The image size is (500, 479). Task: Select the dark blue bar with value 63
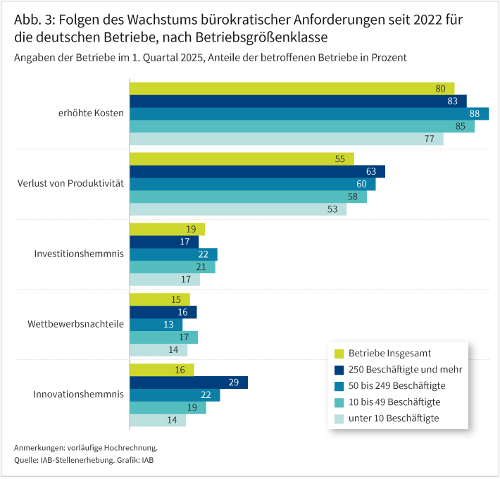[257, 171]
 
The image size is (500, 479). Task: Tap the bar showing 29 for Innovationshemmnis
[189, 382]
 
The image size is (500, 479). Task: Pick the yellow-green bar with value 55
[242, 158]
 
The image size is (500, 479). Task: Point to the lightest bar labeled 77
[286, 139]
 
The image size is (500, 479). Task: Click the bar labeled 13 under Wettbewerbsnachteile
[156, 325]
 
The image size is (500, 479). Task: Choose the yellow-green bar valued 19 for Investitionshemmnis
[167, 229]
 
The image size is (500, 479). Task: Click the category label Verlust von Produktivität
[70, 184]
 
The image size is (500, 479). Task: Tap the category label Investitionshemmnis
[79, 254]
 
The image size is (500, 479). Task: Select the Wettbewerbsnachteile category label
[75, 325]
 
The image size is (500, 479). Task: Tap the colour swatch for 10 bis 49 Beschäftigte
[338, 402]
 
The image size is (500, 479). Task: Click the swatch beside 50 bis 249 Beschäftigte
[338, 386]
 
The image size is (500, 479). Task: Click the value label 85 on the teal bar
[461, 127]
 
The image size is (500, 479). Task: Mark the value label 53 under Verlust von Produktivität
[332, 209]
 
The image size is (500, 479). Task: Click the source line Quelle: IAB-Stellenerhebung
[63, 460]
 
